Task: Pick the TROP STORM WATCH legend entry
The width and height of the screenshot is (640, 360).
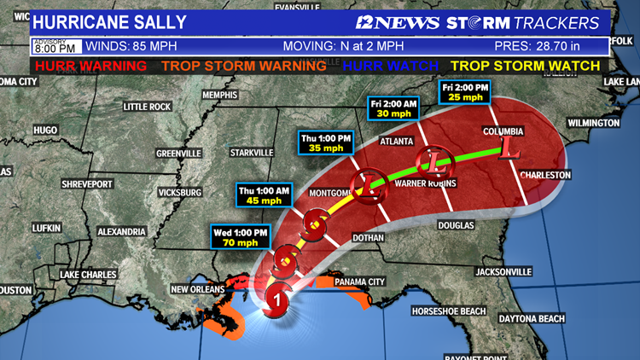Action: click(526, 64)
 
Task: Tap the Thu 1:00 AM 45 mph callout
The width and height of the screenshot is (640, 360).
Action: click(265, 195)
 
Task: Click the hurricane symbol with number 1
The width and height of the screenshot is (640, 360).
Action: click(276, 299)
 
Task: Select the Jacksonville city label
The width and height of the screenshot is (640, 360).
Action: click(501, 271)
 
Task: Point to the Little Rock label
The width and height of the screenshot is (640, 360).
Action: click(147, 107)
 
